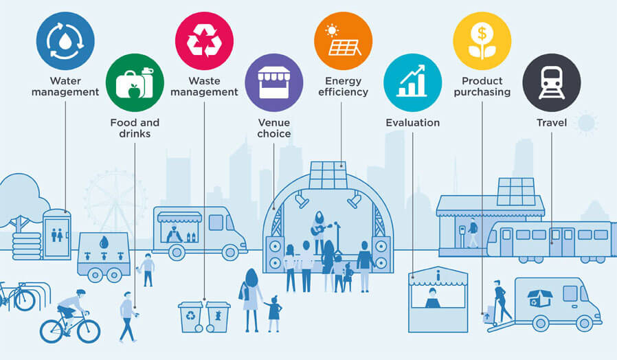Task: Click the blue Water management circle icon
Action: coord(65,41)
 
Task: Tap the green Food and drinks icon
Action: coord(135,82)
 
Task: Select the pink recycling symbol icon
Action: coord(204,41)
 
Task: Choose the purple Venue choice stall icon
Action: coord(274,82)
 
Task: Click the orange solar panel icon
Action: coord(343,41)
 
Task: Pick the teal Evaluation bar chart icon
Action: coord(413,82)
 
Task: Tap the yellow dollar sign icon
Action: coord(482,41)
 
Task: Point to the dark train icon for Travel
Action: coord(552,82)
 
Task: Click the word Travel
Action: coord(552,123)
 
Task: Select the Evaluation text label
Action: coord(413,123)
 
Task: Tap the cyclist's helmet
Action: coord(80,293)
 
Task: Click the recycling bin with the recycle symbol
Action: coord(191,317)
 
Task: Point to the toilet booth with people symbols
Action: coord(57,234)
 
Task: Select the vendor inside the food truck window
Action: coord(174,234)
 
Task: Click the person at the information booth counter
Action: coord(432,298)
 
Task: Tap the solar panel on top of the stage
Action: coord(328,175)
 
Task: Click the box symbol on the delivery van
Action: coord(540,298)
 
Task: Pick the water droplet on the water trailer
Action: coord(104,242)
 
